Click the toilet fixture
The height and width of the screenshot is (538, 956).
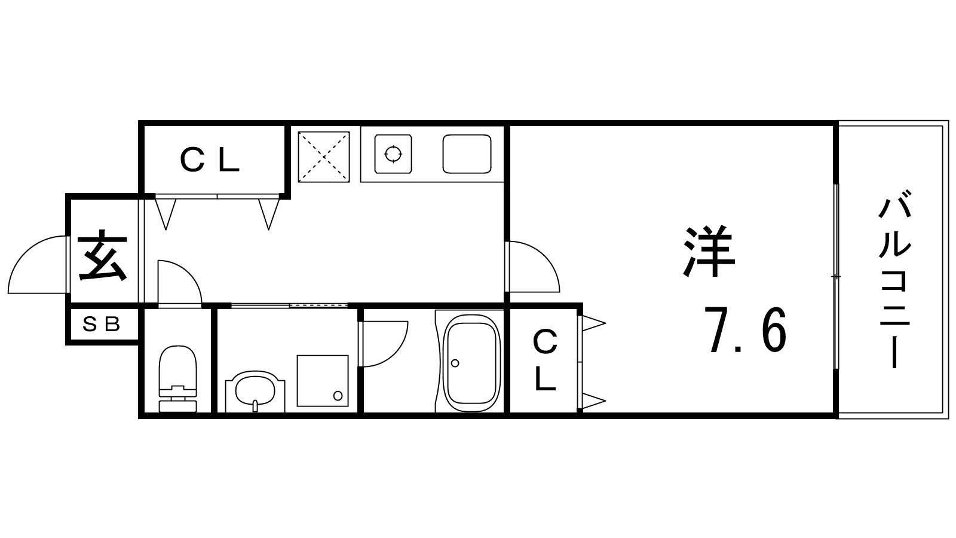(177, 379)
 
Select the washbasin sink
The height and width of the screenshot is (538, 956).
(255, 392)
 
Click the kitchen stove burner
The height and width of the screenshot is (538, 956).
(393, 154)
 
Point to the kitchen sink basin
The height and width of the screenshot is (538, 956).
(467, 154)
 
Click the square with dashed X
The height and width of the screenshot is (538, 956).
(324, 157)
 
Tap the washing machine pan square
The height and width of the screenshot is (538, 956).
(323, 380)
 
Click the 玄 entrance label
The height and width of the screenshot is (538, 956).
(102, 256)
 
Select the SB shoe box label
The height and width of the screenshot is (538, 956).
(101, 325)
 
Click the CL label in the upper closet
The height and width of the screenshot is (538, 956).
(209, 160)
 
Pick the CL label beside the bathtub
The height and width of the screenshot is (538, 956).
(546, 361)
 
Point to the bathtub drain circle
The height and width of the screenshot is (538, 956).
(455, 363)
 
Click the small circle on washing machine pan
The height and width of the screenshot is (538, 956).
(338, 396)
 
